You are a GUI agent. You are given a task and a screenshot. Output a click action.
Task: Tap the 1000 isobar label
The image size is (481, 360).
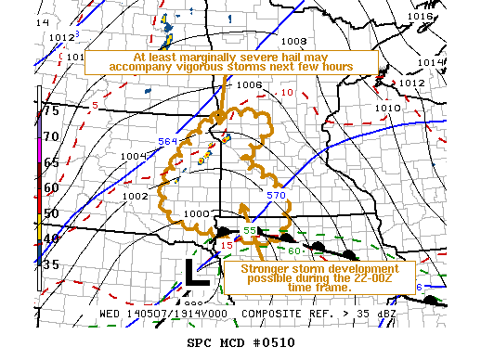pyautogui.click(x=196, y=214)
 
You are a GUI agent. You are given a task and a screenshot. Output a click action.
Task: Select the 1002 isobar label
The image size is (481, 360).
pyautogui.click(x=136, y=196)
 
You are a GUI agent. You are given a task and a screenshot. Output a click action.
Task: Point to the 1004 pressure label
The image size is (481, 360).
pyautogui.click(x=134, y=156)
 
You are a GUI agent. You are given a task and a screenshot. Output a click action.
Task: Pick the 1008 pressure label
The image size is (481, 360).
pyautogui.click(x=293, y=41)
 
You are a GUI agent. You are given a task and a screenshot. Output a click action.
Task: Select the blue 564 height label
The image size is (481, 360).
pyautogui.click(x=167, y=141)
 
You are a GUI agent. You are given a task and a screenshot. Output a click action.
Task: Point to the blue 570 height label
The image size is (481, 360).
pyautogui.click(x=276, y=196)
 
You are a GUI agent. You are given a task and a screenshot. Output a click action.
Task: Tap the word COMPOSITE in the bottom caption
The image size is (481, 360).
pyautogui.click(x=274, y=314)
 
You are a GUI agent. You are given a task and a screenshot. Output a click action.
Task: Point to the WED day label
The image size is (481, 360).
pyautogui.click(x=111, y=314)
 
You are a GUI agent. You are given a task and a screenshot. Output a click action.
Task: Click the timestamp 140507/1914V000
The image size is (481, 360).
pyautogui.click(x=180, y=314)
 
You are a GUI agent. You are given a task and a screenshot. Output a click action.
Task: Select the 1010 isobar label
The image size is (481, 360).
pyautogui.click(x=387, y=108)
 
